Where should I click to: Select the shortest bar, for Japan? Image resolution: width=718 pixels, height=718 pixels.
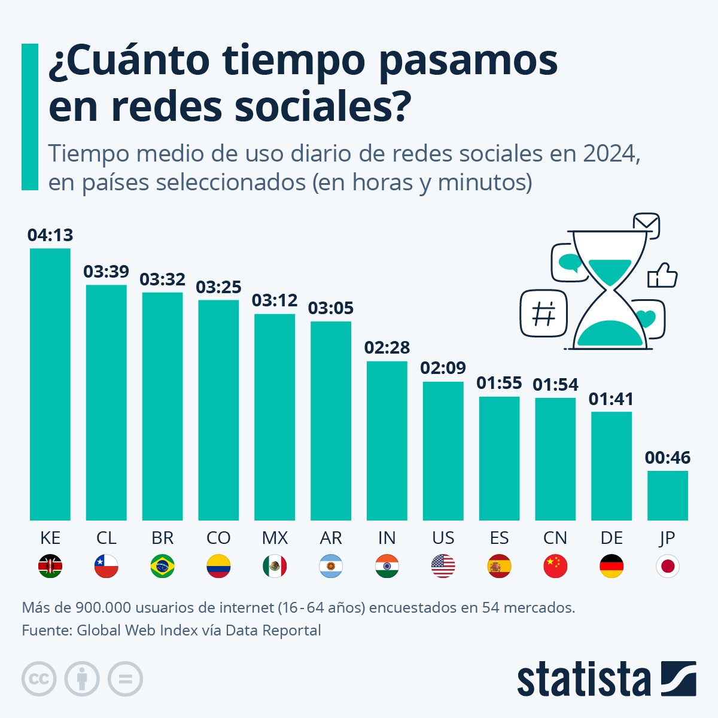(x=667, y=495)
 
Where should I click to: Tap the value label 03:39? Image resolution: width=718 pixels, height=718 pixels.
(x=106, y=272)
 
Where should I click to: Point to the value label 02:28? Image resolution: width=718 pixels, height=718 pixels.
(x=387, y=348)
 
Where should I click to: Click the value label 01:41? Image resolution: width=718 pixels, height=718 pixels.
(x=611, y=399)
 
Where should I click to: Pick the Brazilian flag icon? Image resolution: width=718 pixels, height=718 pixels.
(x=162, y=566)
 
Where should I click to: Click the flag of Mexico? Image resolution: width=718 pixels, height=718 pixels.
(x=275, y=566)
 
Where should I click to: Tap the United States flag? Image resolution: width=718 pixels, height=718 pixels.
(x=443, y=566)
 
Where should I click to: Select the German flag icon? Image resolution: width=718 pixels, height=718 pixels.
(x=611, y=566)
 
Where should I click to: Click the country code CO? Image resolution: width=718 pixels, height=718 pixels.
(x=218, y=538)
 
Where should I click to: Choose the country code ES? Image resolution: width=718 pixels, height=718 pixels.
(x=499, y=538)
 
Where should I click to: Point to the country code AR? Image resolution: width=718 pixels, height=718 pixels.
(x=331, y=538)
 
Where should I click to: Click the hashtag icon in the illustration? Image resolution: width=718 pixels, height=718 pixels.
(x=543, y=314)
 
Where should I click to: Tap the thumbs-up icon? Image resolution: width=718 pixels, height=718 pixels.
(x=662, y=276)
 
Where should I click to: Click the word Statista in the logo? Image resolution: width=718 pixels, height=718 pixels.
(x=583, y=679)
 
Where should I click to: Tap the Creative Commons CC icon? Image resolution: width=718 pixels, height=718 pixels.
(x=39, y=679)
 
